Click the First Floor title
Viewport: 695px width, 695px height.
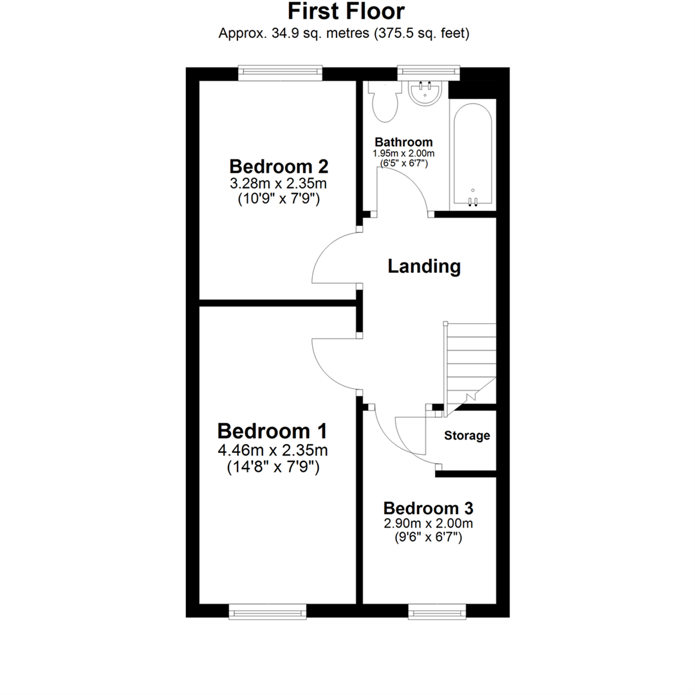346,12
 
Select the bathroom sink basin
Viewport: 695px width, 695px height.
425,94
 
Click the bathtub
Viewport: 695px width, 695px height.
473,154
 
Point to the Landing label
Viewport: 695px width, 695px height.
424,266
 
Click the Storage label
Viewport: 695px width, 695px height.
467,436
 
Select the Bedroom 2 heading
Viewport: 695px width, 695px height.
279,167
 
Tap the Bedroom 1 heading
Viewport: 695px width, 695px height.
273,431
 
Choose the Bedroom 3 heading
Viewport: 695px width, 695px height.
429,507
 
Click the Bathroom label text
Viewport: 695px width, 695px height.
403,142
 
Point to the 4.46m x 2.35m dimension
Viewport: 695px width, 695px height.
274,450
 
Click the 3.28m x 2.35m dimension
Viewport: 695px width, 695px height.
279,184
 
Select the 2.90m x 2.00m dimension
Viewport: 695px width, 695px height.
429,523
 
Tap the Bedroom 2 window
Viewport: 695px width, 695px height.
279,73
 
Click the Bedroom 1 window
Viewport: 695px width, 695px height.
268,611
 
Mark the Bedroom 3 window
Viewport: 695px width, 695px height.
437,611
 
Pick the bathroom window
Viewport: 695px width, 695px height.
429,73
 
